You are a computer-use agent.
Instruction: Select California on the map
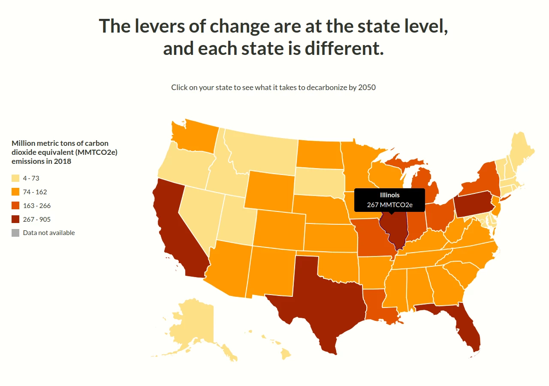pos(176,232)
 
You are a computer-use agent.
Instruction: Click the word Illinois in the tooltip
pos(389,195)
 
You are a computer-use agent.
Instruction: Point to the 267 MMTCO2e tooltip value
pos(389,205)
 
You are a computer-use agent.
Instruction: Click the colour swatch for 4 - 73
pos(15,178)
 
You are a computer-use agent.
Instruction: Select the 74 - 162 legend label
pos(35,192)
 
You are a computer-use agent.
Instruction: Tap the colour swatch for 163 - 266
pos(15,206)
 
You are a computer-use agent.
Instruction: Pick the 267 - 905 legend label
pos(36,220)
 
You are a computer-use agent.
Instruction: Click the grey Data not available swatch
pos(15,233)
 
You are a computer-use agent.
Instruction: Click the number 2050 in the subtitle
pos(367,87)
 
